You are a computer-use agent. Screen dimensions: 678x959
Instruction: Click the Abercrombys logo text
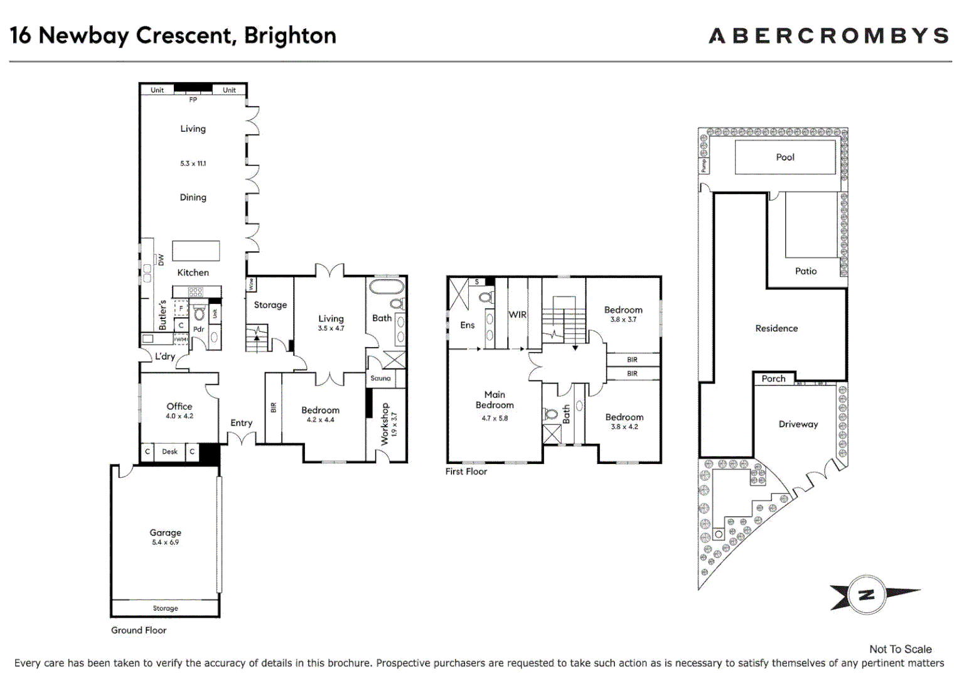click(x=828, y=36)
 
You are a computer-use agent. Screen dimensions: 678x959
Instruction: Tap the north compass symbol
click(x=867, y=595)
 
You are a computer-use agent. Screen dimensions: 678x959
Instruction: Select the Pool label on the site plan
click(x=785, y=157)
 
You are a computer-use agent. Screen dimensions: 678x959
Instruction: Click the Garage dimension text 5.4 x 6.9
click(x=165, y=542)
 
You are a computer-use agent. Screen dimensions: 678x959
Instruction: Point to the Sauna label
click(x=380, y=379)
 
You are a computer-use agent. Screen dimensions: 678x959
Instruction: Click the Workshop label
click(x=385, y=424)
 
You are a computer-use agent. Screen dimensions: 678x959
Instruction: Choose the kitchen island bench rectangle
click(x=196, y=250)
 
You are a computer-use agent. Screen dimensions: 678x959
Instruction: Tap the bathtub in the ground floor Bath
click(x=387, y=287)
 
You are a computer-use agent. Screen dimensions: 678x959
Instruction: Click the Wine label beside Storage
click(x=251, y=284)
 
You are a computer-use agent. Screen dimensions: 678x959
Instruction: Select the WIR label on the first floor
click(x=517, y=315)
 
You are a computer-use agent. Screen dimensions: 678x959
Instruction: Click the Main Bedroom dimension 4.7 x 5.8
click(x=495, y=418)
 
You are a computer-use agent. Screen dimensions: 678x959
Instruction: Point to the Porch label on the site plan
click(x=773, y=379)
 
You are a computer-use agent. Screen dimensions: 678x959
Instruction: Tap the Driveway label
click(x=798, y=424)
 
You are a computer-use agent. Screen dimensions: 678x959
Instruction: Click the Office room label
click(x=179, y=406)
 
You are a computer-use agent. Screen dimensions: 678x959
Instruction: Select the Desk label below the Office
click(x=169, y=451)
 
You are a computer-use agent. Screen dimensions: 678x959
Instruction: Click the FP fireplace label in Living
click(x=193, y=100)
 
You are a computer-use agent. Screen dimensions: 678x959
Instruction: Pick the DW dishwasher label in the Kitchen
click(x=161, y=259)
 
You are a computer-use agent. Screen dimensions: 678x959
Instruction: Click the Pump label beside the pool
click(x=704, y=166)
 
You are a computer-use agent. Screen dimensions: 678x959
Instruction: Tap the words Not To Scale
click(x=900, y=649)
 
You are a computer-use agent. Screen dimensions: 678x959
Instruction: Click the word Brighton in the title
click(x=290, y=36)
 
